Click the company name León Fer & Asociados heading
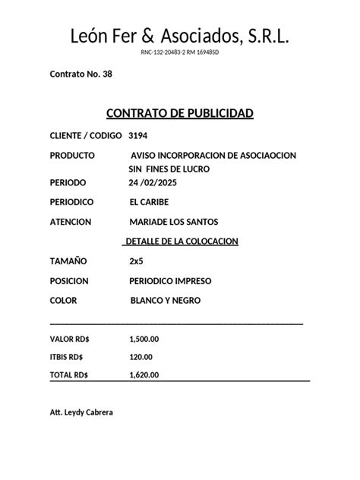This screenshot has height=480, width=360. click(x=179, y=36)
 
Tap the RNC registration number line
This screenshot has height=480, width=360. click(x=179, y=52)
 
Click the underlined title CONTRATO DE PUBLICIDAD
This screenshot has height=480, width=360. click(x=179, y=114)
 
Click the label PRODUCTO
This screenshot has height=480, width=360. click(x=72, y=155)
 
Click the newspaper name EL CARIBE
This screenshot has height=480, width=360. click(x=150, y=203)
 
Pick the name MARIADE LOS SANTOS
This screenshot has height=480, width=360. click(x=174, y=222)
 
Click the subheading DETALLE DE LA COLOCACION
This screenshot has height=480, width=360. click(x=181, y=241)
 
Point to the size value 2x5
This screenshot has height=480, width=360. click(x=136, y=261)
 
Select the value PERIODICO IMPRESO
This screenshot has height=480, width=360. click(x=171, y=281)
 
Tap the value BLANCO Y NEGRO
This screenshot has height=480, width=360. click(x=166, y=301)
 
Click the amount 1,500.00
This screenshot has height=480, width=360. click(x=144, y=339)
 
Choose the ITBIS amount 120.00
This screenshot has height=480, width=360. click(x=141, y=357)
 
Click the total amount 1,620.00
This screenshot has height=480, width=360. click(x=144, y=375)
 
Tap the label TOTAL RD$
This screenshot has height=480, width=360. click(x=69, y=375)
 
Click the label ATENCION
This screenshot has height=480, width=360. click(x=71, y=222)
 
